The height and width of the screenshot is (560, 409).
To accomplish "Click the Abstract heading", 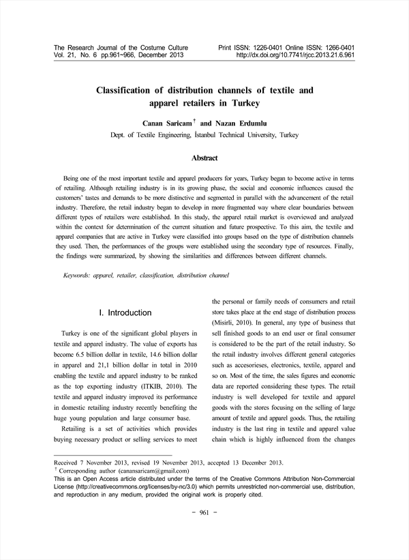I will tap(204, 158).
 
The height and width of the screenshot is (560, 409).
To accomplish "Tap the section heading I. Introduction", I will tap(125, 312).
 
